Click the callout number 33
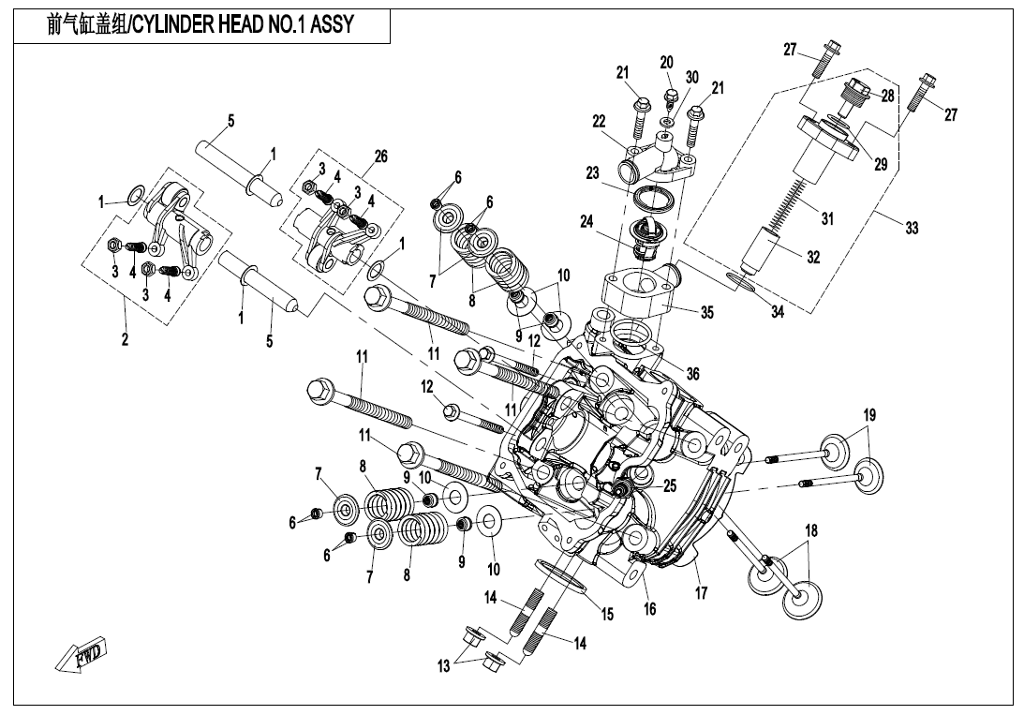pyautogui.click(x=912, y=228)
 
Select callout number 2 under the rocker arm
pyautogui.click(x=125, y=340)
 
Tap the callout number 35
pyautogui.click(x=706, y=313)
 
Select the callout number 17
pyautogui.click(x=701, y=592)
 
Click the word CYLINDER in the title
pyautogui.click(x=175, y=25)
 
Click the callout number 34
pyautogui.click(x=777, y=312)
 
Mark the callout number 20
pyautogui.click(x=666, y=62)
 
